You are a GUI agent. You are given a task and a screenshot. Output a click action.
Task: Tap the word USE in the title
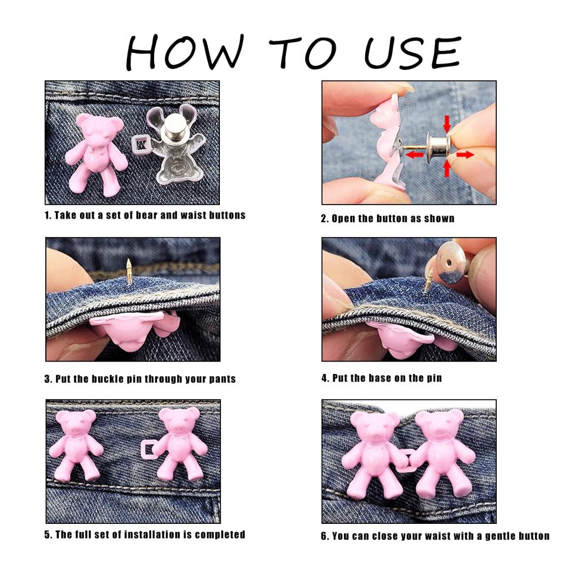point(413,52)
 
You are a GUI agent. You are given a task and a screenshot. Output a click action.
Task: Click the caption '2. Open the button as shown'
point(387,218)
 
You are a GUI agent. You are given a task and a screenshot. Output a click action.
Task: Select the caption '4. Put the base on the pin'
point(382,378)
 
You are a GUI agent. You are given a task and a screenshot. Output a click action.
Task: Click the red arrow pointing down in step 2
point(447,123)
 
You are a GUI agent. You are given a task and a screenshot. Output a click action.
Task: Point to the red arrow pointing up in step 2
point(447,168)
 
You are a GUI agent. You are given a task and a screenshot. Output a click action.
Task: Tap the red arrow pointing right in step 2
point(465,154)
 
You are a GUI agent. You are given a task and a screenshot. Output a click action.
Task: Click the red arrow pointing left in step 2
point(415,154)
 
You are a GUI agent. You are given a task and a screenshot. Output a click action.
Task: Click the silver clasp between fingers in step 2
point(437,147)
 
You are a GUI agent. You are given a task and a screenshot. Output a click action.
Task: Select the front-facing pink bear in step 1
point(96,153)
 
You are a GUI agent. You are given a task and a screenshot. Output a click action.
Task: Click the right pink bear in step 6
point(443,453)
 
